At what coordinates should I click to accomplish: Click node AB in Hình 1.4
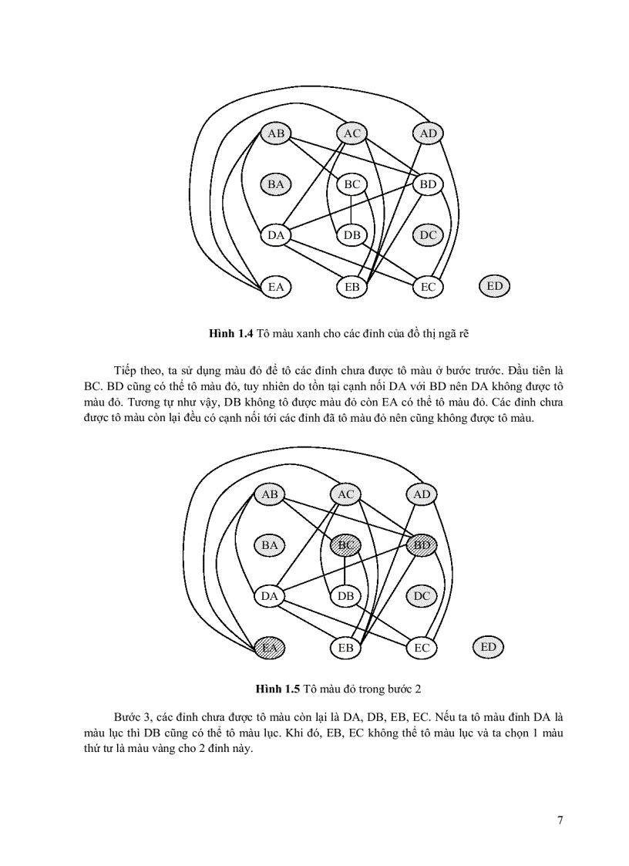click(x=275, y=133)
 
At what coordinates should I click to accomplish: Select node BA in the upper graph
click(x=275, y=184)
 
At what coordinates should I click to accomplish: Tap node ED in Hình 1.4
click(x=495, y=286)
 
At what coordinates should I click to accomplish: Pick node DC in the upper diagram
click(x=429, y=235)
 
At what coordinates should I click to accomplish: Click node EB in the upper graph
click(x=352, y=287)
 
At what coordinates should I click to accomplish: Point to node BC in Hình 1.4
click(x=352, y=184)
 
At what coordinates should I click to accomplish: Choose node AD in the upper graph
click(x=429, y=133)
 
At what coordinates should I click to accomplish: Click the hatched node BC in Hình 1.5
click(x=345, y=545)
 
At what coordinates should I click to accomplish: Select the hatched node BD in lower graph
click(x=422, y=545)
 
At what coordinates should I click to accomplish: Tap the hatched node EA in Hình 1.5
click(x=269, y=648)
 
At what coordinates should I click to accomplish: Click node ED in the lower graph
click(x=488, y=647)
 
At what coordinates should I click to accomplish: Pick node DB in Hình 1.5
click(x=345, y=596)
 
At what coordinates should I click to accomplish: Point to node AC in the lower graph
click(x=345, y=494)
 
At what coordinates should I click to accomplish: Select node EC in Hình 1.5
click(x=422, y=648)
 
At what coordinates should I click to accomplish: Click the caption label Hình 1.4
click(x=231, y=333)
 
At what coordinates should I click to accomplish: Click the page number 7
click(x=560, y=821)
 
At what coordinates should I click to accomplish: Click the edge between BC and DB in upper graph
click(x=352, y=210)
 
